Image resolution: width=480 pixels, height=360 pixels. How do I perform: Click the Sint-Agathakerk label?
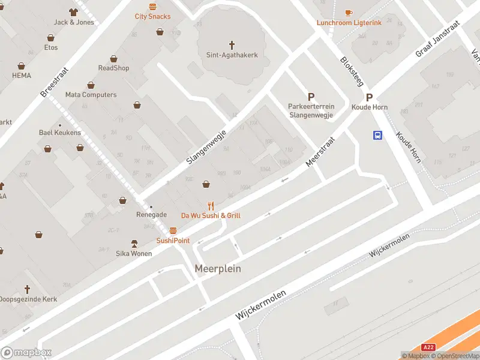[232, 55]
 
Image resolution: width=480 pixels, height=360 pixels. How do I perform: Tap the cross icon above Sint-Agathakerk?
[232, 44]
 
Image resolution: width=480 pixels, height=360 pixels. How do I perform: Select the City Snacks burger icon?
[152, 7]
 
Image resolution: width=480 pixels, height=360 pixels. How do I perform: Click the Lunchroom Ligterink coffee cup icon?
[349, 13]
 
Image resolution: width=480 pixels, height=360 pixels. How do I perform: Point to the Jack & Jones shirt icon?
[74, 12]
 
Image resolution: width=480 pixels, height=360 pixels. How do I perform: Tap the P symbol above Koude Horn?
[370, 97]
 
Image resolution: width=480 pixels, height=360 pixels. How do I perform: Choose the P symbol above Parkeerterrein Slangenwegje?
[311, 97]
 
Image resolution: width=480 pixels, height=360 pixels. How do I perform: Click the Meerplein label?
[218, 269]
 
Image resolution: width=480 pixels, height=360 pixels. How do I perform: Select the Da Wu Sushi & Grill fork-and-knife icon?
[211, 205]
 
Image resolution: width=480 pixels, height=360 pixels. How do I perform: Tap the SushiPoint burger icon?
[173, 230]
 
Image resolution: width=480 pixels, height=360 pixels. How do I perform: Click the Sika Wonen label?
[134, 253]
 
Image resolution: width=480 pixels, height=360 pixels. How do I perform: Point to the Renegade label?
[151, 214]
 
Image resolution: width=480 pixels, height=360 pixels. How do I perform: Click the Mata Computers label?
[91, 95]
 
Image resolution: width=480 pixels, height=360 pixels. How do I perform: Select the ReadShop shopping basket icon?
[113, 59]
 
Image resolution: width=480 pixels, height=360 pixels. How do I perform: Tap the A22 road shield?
[428, 347]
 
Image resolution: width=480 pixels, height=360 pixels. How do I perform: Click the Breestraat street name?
[55, 83]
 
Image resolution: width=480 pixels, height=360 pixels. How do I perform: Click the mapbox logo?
[26, 353]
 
